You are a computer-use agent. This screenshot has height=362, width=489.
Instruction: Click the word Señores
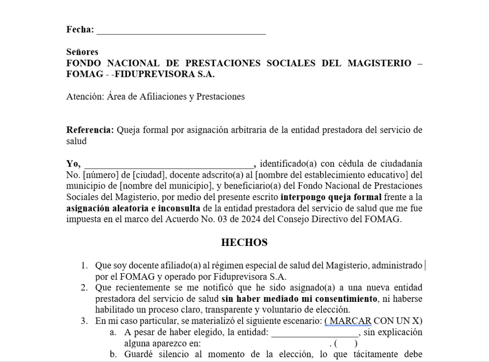82,52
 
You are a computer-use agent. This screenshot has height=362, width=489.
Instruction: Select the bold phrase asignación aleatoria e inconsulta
133,208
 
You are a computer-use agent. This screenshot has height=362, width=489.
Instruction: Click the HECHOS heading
244,243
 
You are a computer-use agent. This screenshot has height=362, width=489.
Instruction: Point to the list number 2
84,287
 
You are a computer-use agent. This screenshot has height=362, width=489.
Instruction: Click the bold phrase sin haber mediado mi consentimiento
299,299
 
